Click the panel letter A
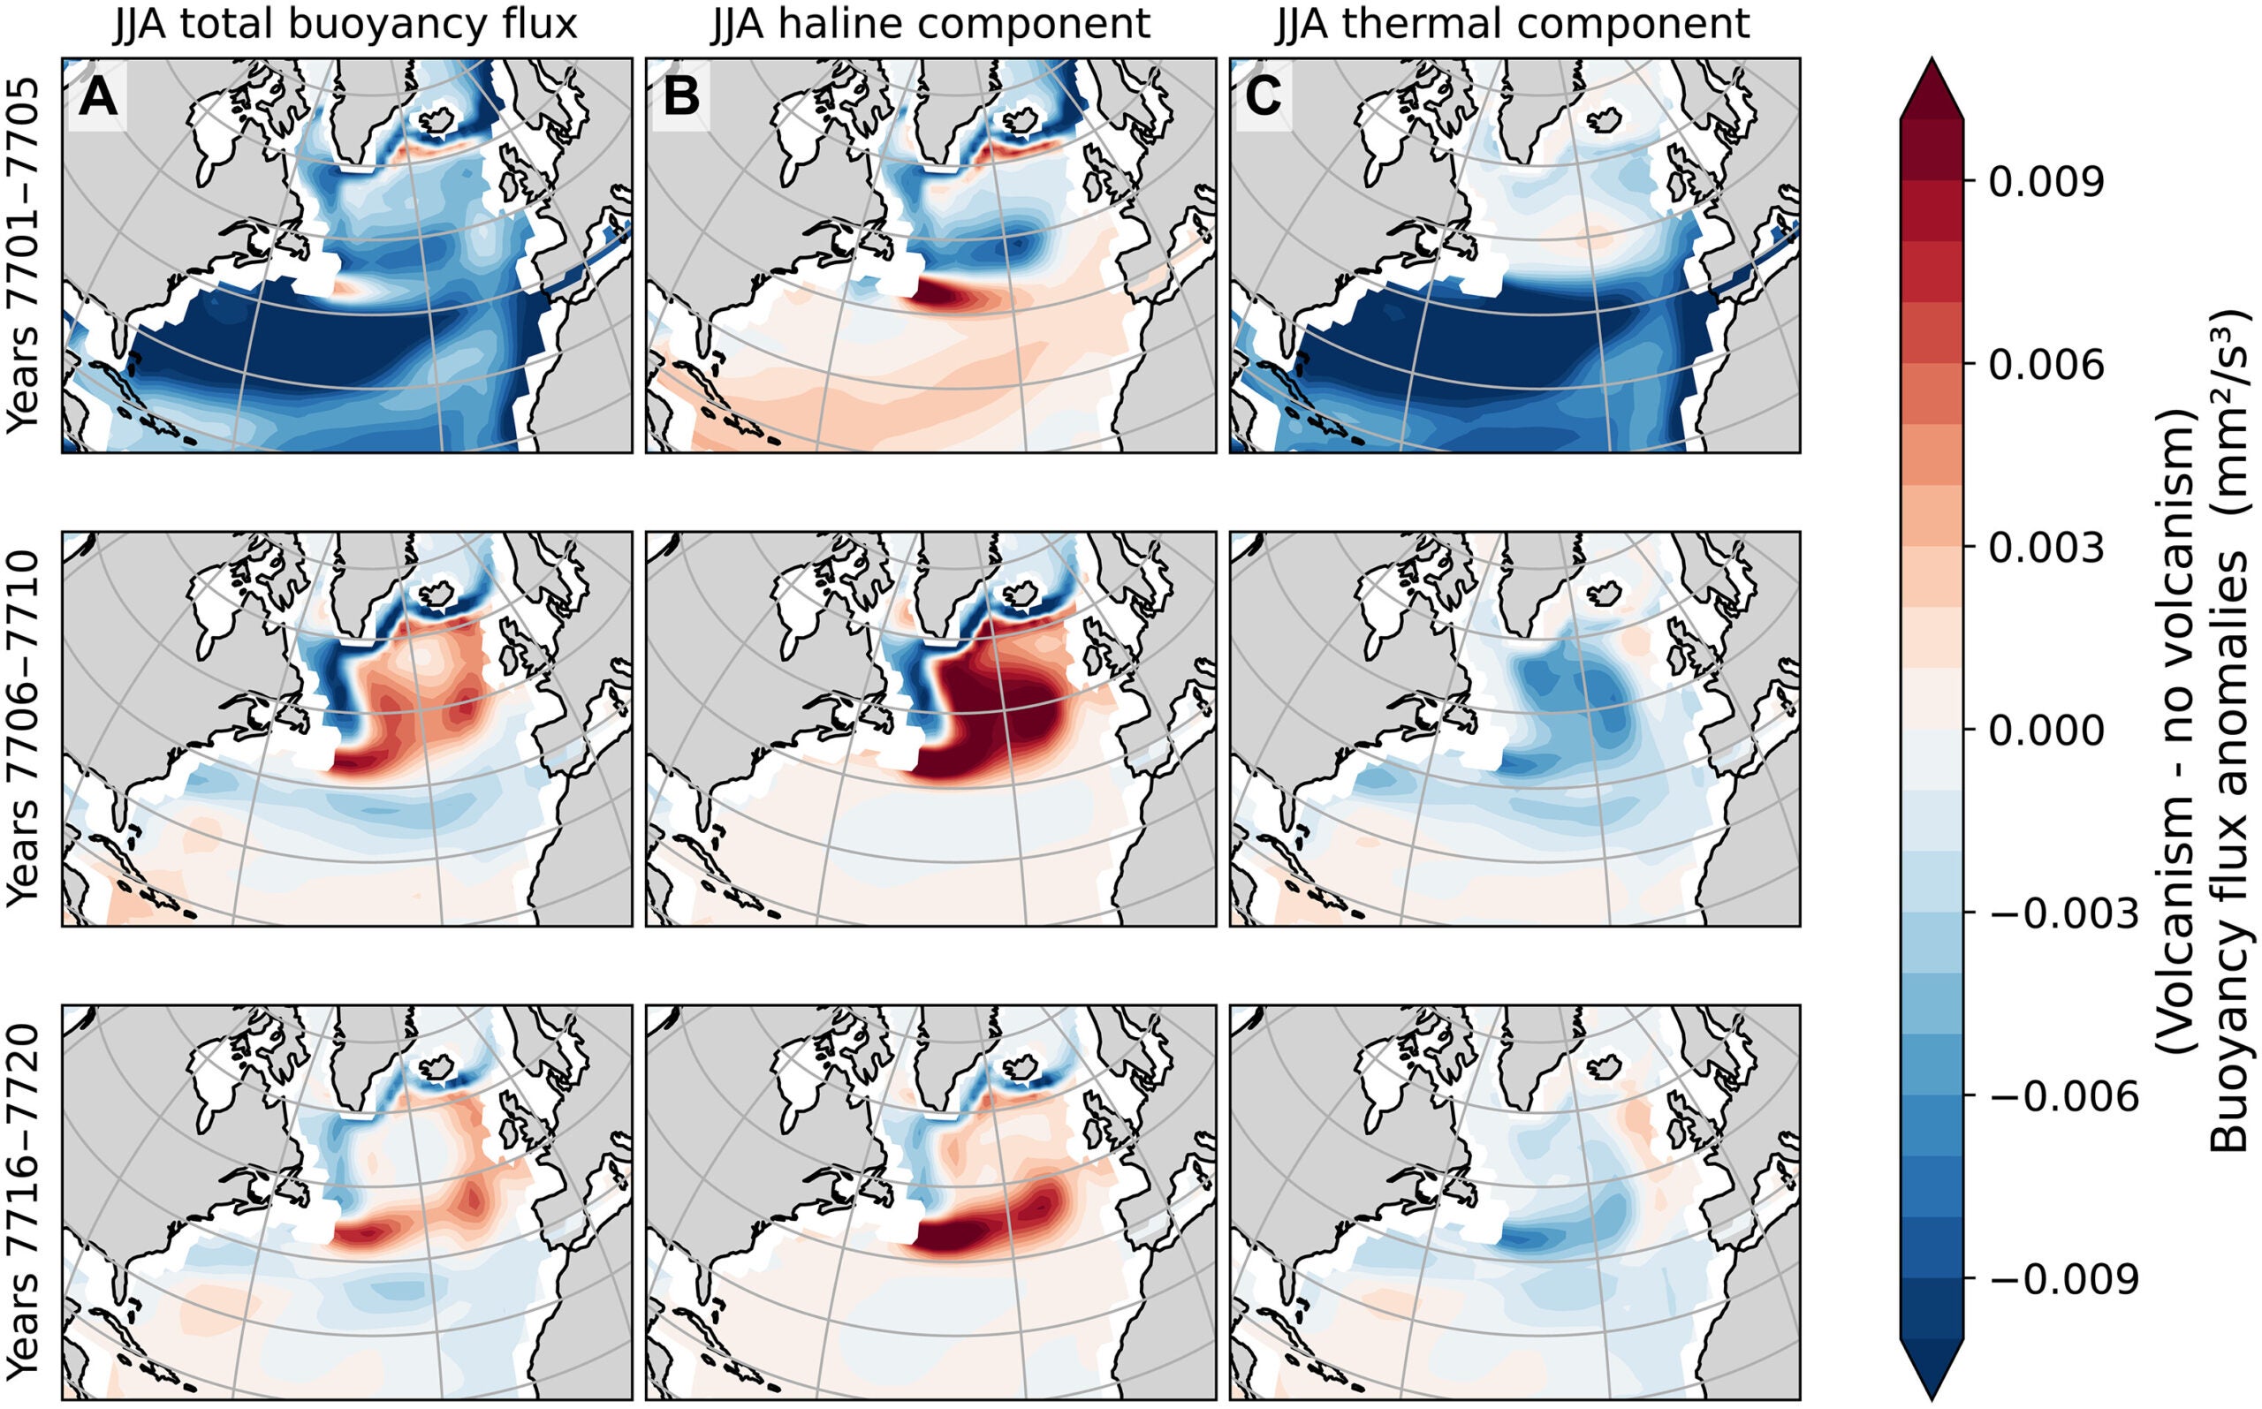pos(98,97)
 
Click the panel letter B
pos(681,97)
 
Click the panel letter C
pos(1263,97)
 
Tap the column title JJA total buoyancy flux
pos(345,24)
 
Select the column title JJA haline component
pos(930,24)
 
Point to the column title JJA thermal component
pos(1512,24)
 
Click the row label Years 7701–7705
pos(23,254)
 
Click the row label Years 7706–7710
pos(23,728)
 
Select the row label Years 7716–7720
pos(23,1202)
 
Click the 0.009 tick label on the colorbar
pos(2046,183)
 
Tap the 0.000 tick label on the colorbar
pos(2046,731)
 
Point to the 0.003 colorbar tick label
pos(2046,549)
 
